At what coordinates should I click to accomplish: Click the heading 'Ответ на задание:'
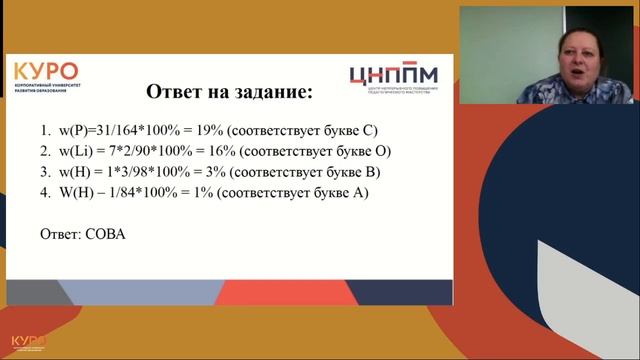pyautogui.click(x=229, y=93)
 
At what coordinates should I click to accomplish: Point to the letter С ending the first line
pyautogui.click(x=369, y=131)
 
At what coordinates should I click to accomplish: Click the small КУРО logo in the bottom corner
pyautogui.click(x=29, y=342)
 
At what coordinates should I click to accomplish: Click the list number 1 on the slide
pyautogui.click(x=44, y=131)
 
